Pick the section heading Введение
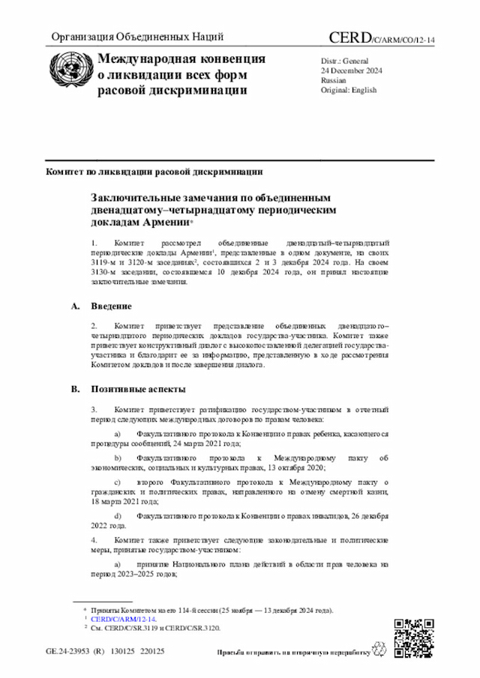(x=112, y=306)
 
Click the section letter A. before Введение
(x=74, y=306)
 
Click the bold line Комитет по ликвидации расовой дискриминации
(x=154, y=171)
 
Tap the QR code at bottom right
(x=414, y=638)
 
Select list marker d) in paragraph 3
(x=117, y=516)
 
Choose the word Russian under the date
(x=334, y=79)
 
